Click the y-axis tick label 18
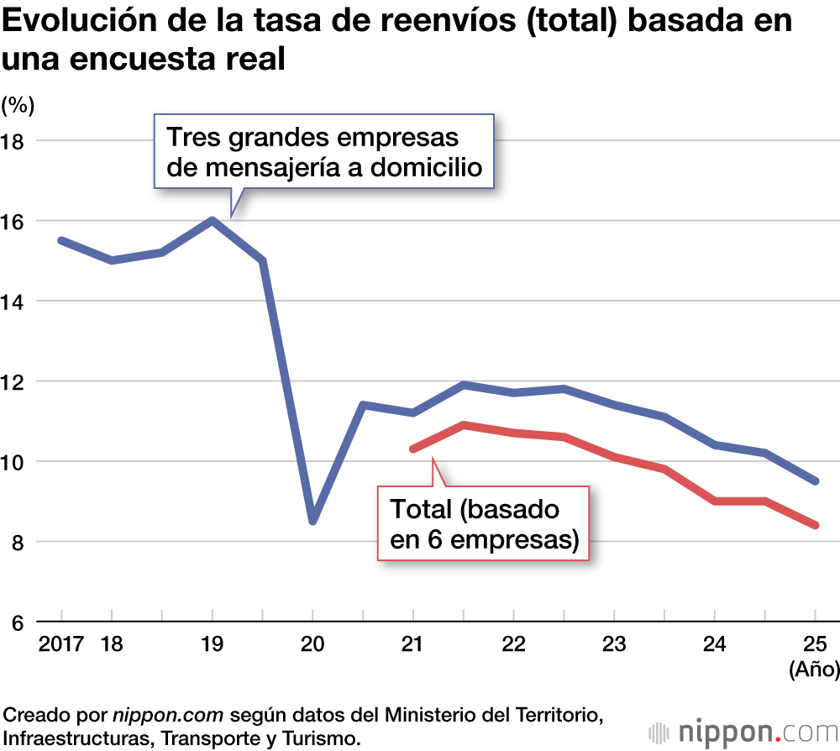point(14,140)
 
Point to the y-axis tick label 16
point(14,221)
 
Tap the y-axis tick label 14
point(14,301)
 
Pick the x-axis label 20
point(312,644)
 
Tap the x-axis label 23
point(614,644)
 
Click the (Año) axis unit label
point(812,670)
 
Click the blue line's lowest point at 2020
point(312,521)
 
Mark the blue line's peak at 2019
point(212,220)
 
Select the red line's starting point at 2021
point(413,449)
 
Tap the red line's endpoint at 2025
point(815,526)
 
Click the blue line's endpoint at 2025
point(815,481)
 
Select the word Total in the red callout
point(426,510)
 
